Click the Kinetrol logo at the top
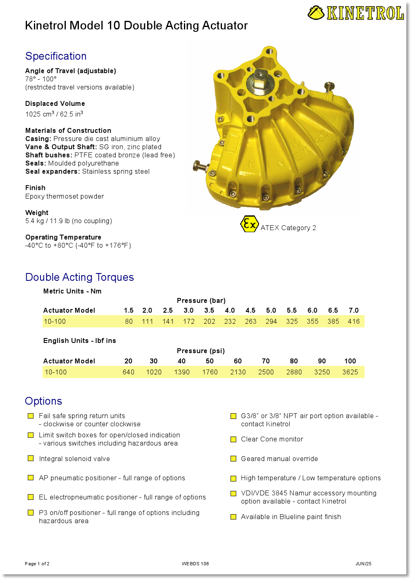coord(356,13)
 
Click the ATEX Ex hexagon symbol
coord(249,224)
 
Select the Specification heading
coord(56,56)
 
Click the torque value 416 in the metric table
coord(354,321)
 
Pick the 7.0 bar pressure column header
coord(354,310)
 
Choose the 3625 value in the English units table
coord(350,372)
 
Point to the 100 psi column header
coord(350,361)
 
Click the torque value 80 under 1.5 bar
coord(129,321)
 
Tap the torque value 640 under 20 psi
coord(128,372)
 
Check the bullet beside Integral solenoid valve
coord(31,459)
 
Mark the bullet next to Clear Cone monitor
coord(233,439)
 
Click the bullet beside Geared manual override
coord(233,459)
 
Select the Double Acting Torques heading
coord(80,277)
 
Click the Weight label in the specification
coord(37,213)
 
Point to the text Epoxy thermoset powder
coord(65,196)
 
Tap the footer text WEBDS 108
coord(195,564)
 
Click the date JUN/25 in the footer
coord(363,564)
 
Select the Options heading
coord(43,401)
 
